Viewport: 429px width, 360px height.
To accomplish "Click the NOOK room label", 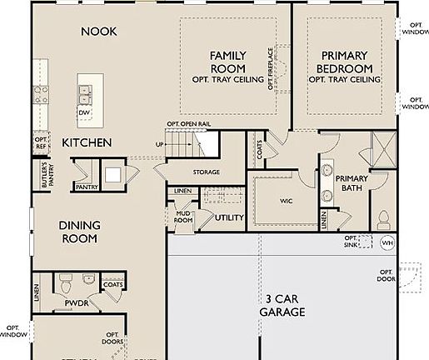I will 99,32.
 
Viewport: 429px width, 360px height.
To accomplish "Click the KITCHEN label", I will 87,143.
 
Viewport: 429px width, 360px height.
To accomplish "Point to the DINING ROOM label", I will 79,232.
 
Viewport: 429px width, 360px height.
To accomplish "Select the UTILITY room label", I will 229,217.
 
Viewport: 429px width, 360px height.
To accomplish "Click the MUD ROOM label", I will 183,217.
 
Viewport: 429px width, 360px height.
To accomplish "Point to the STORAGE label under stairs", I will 206,172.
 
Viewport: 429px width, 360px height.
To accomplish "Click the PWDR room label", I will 76,304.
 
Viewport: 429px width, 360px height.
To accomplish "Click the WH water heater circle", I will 387,243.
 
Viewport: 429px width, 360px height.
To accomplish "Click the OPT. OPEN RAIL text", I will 188,124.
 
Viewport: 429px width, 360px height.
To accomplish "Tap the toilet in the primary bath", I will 384,220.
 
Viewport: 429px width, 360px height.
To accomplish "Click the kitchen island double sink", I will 87,87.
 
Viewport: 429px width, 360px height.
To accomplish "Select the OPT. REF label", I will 41,142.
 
